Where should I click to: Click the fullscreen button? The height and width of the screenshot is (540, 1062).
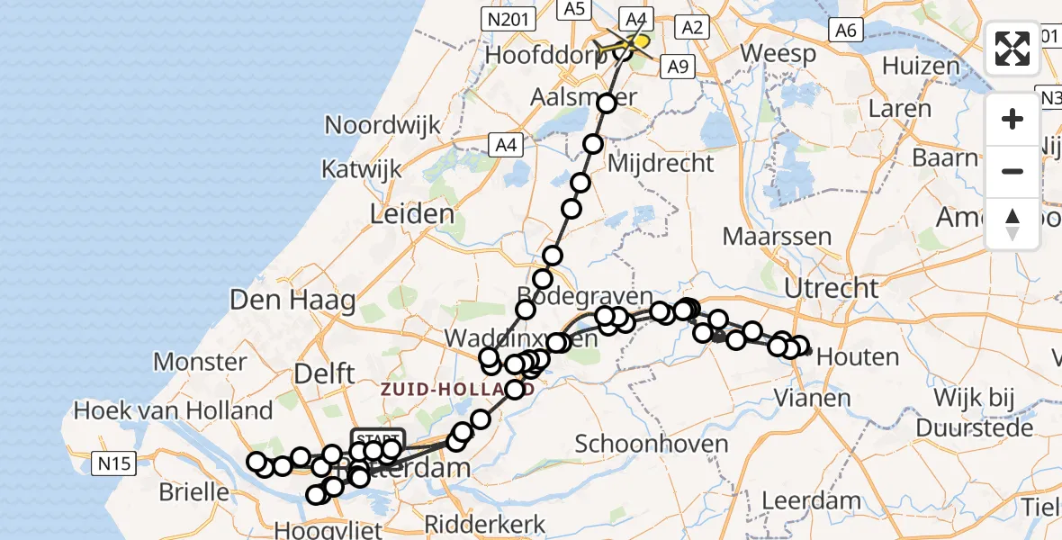tap(1012, 49)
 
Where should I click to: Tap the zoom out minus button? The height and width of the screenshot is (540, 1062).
tap(1012, 171)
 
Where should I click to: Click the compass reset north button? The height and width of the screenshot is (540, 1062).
tap(1012, 224)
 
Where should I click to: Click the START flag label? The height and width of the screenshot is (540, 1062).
tap(378, 438)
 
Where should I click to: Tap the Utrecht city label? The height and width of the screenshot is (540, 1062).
tap(831, 289)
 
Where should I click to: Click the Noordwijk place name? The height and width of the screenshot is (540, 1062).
tap(382, 124)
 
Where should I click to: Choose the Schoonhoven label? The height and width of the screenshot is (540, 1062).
tap(638, 444)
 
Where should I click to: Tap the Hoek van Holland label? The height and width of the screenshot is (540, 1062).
tap(173, 410)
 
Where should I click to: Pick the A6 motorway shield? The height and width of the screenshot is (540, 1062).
tap(844, 30)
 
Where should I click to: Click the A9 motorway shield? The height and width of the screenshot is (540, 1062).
tap(677, 66)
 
